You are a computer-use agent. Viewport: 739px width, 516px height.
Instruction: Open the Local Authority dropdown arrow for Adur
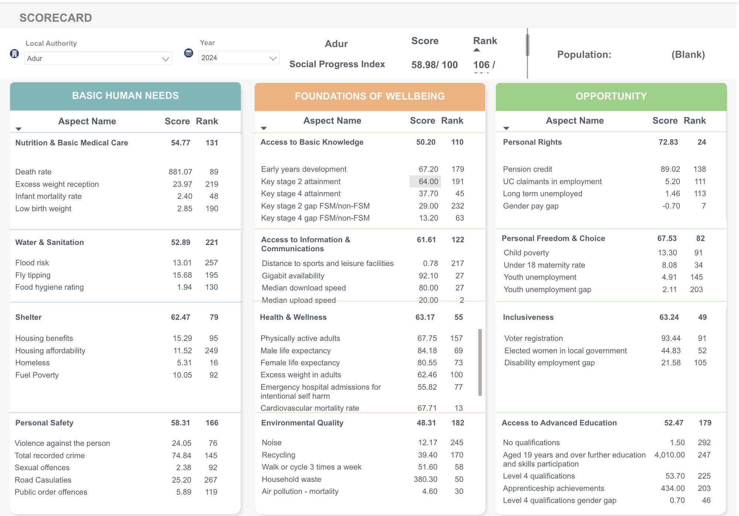point(165,59)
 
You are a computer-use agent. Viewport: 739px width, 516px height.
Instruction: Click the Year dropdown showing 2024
point(238,58)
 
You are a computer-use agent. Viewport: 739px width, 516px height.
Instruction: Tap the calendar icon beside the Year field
point(188,53)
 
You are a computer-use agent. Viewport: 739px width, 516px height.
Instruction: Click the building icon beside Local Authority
point(14,54)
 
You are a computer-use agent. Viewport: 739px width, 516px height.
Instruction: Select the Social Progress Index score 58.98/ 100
point(434,65)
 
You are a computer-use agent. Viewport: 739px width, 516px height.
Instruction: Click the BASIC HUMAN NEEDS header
point(125,96)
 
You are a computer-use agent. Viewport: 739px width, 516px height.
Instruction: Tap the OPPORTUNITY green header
point(611,96)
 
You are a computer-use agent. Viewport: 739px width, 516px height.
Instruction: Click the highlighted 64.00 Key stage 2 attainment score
point(428,181)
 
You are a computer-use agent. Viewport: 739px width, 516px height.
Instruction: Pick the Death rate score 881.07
point(180,172)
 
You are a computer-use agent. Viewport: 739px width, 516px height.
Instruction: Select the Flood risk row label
point(32,263)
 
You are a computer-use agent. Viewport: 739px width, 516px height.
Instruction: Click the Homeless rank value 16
point(214,363)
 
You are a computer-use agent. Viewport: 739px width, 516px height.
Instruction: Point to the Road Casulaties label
point(43,480)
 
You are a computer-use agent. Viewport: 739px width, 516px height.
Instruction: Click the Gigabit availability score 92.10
point(428,276)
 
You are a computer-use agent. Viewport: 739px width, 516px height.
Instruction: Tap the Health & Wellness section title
point(293,317)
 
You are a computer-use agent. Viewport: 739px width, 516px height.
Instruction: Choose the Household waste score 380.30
point(425,479)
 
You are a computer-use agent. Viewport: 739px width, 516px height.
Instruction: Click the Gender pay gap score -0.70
point(671,206)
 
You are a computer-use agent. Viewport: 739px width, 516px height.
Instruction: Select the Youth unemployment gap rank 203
point(696,289)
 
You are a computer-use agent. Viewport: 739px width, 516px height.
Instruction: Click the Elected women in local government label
point(565,350)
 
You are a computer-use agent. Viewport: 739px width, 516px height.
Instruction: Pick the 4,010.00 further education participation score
point(669,455)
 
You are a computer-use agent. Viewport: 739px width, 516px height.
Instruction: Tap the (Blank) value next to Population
point(688,55)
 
